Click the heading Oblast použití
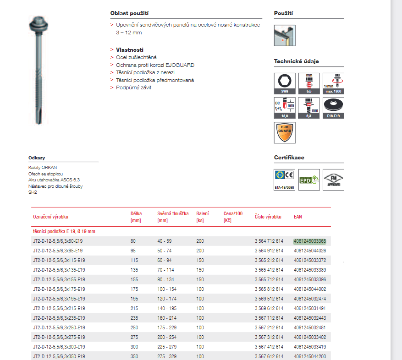129,14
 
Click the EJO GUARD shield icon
285,132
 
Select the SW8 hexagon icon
285,83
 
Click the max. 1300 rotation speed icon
333,83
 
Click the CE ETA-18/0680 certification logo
285,179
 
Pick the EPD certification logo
309,179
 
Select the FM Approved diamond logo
333,179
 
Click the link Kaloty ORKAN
43,168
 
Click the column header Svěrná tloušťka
173,213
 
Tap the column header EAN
298,216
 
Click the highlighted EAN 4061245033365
309,241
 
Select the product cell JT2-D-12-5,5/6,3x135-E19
59,270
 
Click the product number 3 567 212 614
269,327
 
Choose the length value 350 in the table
134,356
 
